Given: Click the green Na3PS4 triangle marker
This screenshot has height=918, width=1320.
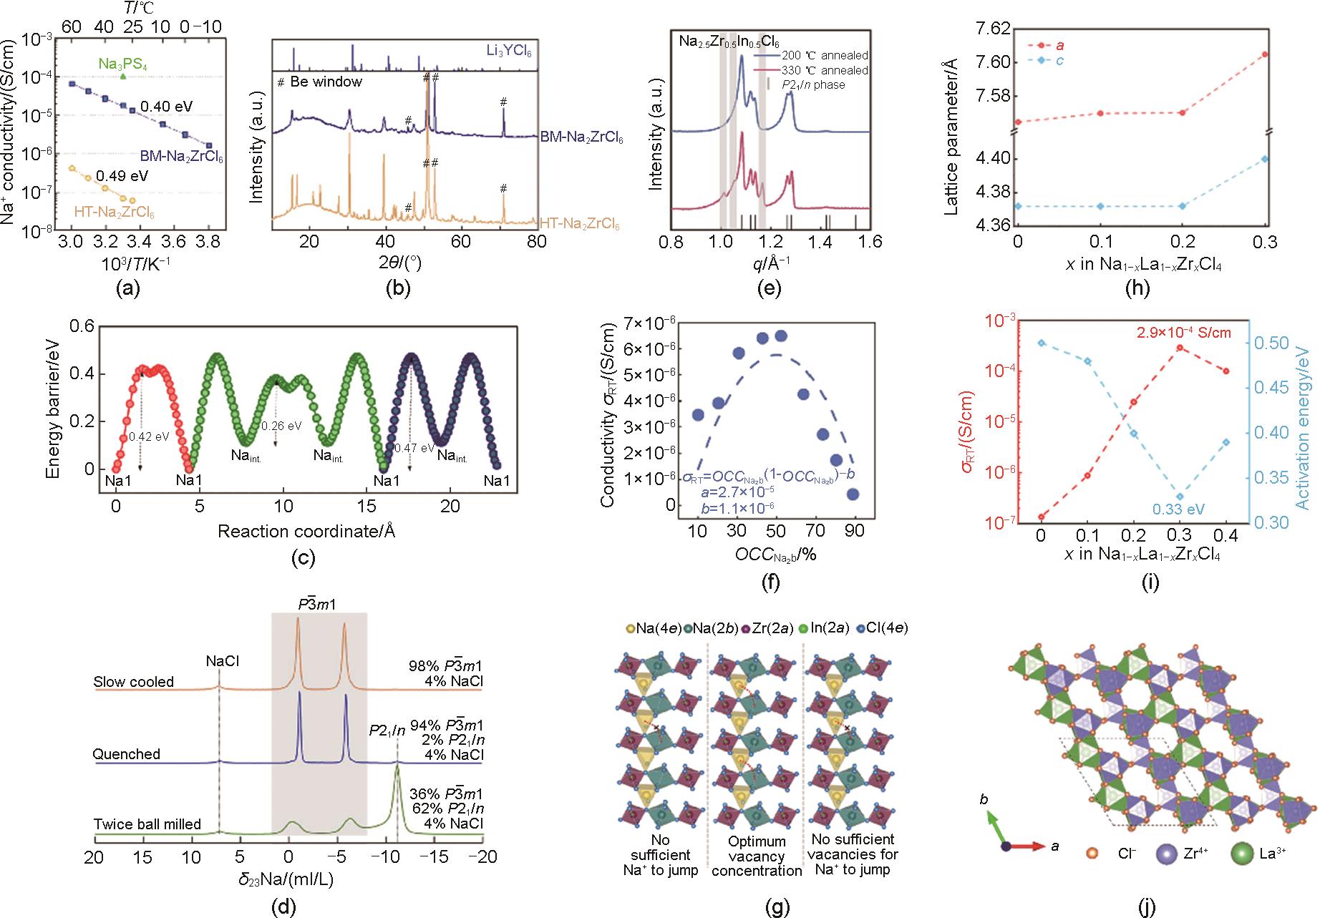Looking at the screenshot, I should [x=124, y=76].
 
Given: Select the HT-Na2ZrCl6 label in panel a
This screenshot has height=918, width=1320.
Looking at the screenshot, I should [x=115, y=213].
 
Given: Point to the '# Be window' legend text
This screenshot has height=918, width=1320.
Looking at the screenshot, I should [x=319, y=82].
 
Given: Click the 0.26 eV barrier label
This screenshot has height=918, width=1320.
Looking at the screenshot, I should [x=281, y=426].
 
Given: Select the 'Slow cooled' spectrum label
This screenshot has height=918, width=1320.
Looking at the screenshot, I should [x=134, y=682].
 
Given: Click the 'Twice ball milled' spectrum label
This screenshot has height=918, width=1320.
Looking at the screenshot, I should [x=147, y=824].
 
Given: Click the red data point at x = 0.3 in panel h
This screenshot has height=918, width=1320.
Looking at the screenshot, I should [x=1265, y=54].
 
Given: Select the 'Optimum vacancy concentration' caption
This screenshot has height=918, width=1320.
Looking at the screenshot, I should [x=757, y=856].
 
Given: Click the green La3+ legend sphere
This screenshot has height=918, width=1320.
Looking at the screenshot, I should [x=1244, y=854].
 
